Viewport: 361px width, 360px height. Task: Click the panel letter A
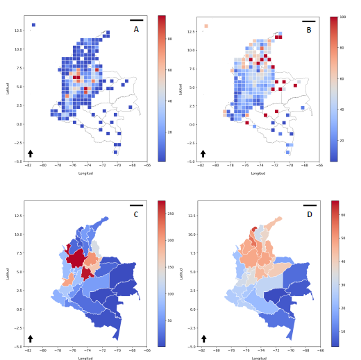point(136,29)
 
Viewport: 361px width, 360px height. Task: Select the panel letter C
point(136,214)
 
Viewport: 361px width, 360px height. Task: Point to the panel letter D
point(309,214)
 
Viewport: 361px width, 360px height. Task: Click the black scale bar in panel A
point(136,20)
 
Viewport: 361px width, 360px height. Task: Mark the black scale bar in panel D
point(309,205)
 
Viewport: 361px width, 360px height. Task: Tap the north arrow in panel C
point(31,338)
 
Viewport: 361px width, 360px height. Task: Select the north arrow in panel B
point(203,153)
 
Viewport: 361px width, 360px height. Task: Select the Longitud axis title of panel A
point(85,173)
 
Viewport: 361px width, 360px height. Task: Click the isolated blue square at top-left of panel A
point(33,25)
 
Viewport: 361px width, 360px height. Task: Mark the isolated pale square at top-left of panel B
point(206,26)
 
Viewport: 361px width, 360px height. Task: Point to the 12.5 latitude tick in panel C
point(17,216)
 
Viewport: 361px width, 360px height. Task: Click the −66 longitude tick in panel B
point(319,166)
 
